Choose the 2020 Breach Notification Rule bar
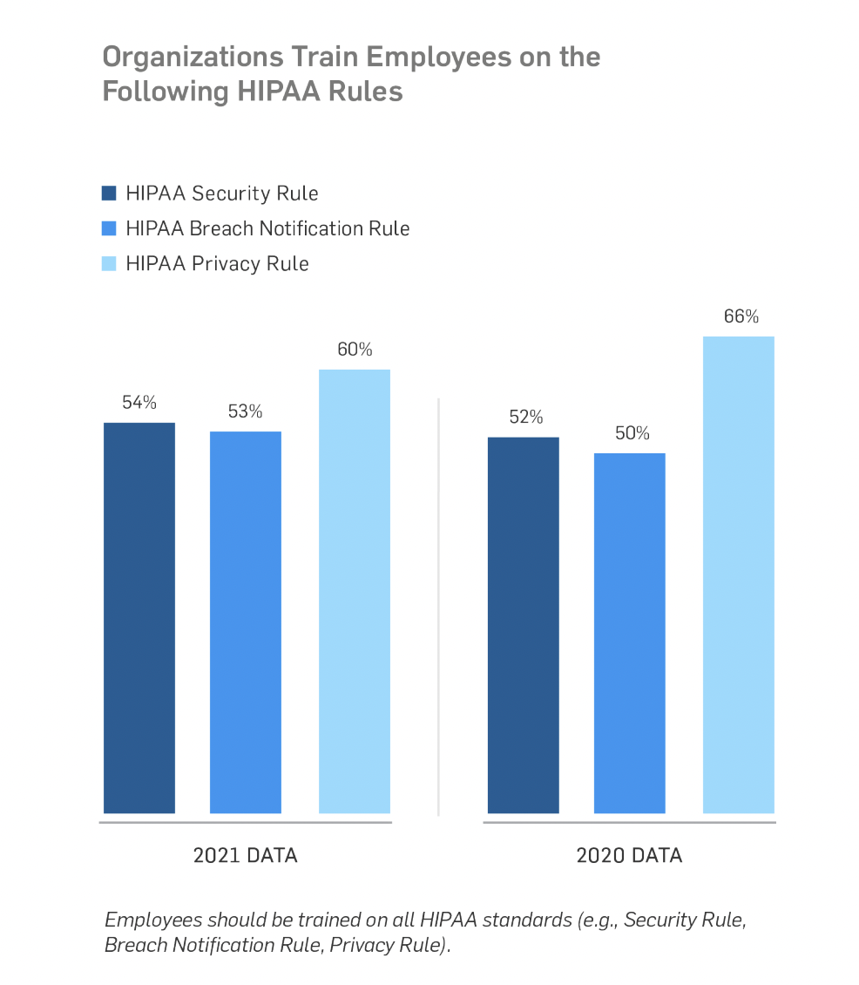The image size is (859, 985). pos(629,633)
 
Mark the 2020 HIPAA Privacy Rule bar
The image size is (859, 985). pos(738,574)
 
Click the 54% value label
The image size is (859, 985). pos(139,403)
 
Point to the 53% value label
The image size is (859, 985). pos(246,411)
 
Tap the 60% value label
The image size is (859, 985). pos(355,350)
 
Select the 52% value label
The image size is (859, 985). pos(525,417)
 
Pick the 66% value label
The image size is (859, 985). pos(741,316)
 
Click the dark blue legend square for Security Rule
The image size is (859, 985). pos(109,193)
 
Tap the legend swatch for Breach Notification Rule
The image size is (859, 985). pos(109,228)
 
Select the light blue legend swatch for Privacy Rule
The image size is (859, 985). pos(109,263)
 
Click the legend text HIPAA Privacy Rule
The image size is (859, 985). pos(217,263)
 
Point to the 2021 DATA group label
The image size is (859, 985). pos(245,855)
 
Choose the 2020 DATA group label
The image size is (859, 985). pos(629,855)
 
